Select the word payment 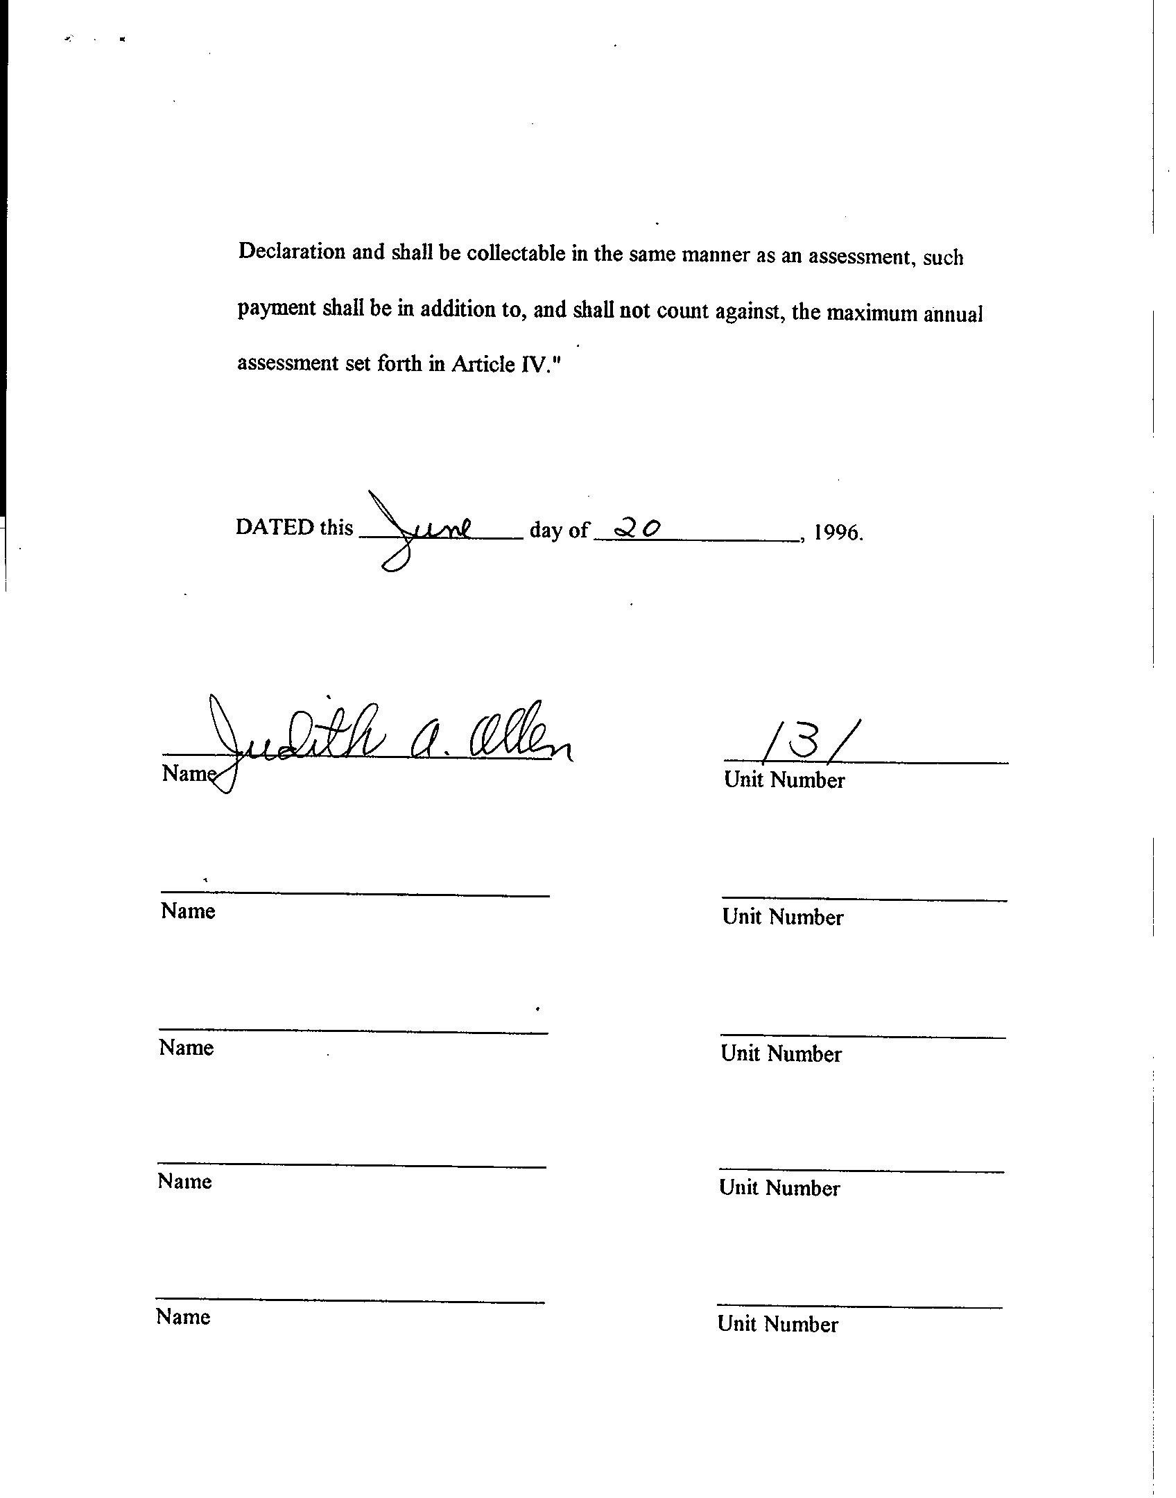276,308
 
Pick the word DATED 275,527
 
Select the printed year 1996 838,533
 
